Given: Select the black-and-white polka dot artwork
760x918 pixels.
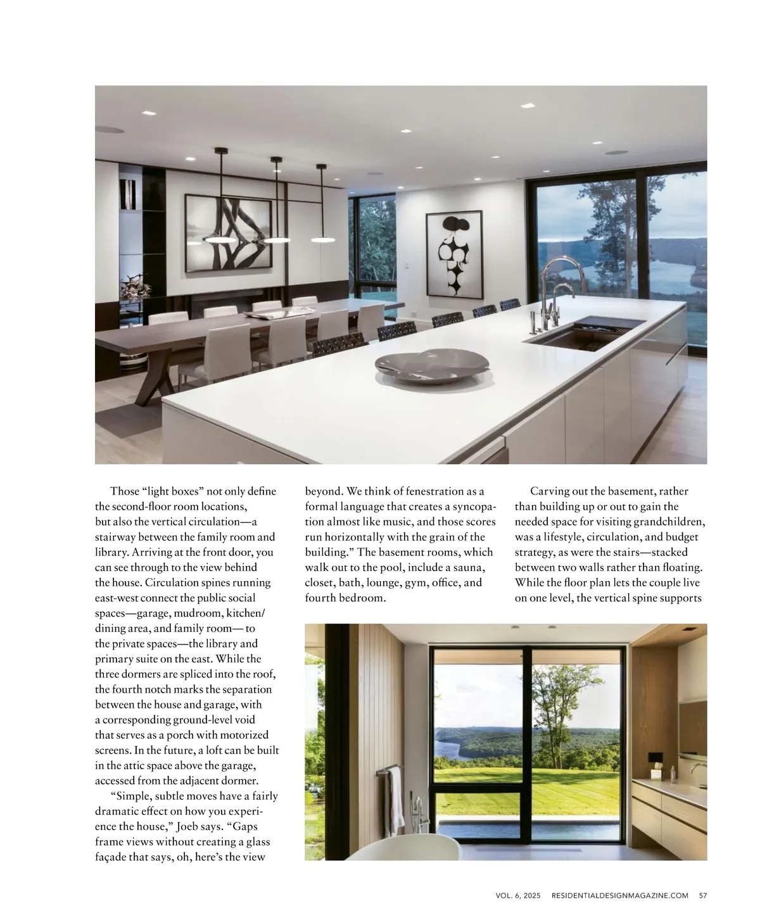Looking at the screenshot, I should [453, 255].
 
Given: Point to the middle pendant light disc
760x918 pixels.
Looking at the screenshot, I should [277, 239].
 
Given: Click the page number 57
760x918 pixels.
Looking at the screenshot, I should [702, 895].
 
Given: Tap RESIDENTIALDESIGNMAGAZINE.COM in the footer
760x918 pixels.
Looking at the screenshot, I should [619, 895].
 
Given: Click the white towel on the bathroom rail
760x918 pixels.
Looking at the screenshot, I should [395, 791].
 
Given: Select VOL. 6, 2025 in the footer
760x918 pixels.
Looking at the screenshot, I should [518, 895].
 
